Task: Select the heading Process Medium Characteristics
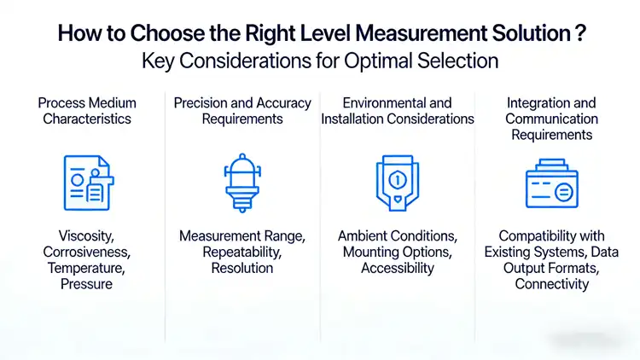pos(87,111)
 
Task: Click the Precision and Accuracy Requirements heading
pos(242,111)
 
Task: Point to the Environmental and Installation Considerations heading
pos(398,111)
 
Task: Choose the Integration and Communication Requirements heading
pos(551,119)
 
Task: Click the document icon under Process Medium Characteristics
pos(87,182)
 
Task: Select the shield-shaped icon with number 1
pos(397,182)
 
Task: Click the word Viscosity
pos(87,235)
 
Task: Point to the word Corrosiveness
pos(87,252)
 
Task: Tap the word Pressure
pos(87,284)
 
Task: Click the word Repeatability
pos(242,252)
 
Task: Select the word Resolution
pos(242,268)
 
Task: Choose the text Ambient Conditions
pos(398,235)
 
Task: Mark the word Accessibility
pos(398,268)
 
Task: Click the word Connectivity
pos(551,284)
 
